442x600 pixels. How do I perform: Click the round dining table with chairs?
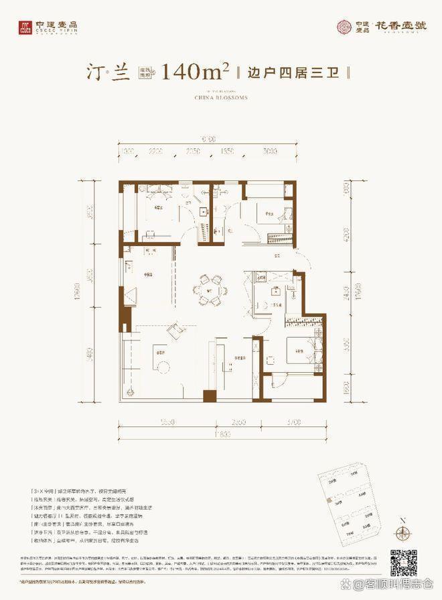pos(211,290)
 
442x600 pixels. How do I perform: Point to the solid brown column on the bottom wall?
pos(210,396)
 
